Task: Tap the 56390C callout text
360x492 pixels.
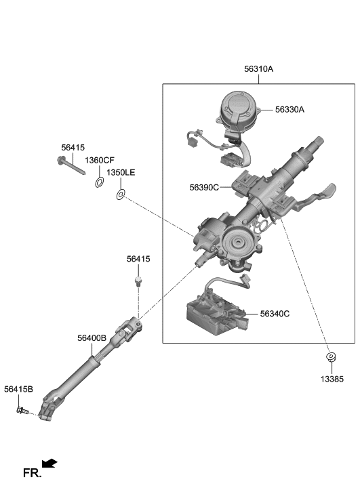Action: click(204, 187)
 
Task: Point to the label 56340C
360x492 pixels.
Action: click(275, 314)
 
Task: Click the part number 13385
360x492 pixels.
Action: click(332, 380)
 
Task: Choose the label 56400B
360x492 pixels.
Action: click(92, 337)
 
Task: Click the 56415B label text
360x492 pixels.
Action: click(18, 389)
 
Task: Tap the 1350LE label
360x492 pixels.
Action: click(121, 173)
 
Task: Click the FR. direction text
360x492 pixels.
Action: click(32, 472)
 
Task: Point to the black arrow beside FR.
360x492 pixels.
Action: click(49, 464)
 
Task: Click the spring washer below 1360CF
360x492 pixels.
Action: click(100, 181)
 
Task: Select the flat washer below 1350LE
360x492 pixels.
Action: click(121, 195)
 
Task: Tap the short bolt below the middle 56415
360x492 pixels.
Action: click(138, 280)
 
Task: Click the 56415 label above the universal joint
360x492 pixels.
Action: click(138, 259)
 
